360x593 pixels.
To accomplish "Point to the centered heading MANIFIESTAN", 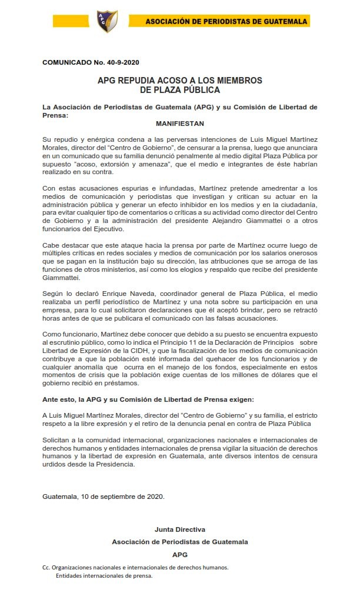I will click(x=180, y=124).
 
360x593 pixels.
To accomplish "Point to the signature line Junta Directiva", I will click(x=179, y=529).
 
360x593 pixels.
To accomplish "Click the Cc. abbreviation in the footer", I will click(x=46, y=567).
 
